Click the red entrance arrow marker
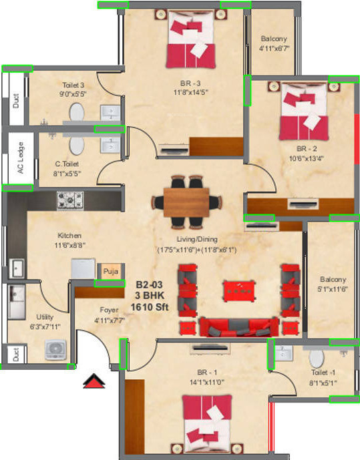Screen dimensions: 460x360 coord(94,381)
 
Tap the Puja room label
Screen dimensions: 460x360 coord(108,271)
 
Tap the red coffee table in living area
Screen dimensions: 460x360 coord(238,288)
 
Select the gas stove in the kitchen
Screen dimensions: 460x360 coord(68,198)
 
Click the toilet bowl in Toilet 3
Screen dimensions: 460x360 coord(75,114)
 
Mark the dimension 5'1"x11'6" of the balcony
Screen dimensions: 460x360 coord(332,290)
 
